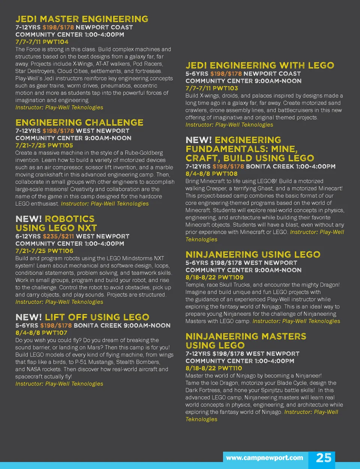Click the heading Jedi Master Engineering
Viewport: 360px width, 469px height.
click(82, 19)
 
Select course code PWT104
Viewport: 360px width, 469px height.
click(55, 42)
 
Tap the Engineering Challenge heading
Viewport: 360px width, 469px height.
click(79, 123)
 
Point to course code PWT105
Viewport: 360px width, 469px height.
click(60, 145)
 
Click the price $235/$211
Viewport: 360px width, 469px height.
click(58, 236)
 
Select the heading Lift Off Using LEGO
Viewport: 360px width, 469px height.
click(97, 317)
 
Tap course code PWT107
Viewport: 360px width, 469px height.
click(55, 333)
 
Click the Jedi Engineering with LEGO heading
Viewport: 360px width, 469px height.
click(259, 66)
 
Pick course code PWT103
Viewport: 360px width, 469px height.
click(225, 88)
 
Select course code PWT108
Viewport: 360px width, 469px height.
click(225, 174)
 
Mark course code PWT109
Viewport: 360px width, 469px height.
click(231, 277)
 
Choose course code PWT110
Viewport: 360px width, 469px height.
click(229, 368)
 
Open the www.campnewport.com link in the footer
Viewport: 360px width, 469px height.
click(264, 458)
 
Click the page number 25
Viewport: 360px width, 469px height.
click(324, 458)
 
